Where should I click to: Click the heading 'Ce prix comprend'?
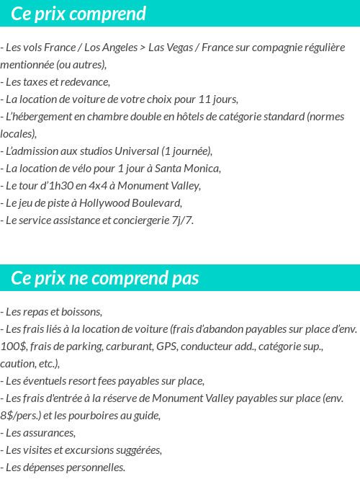click(78, 14)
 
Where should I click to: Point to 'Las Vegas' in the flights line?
click(171, 48)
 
